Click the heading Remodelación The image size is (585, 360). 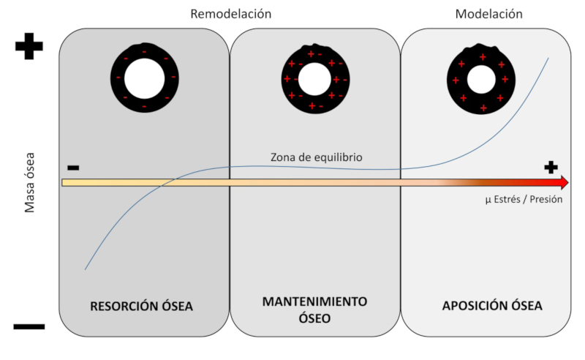click(x=230, y=14)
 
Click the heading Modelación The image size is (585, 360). click(x=489, y=14)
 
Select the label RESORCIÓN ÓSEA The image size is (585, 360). click(x=142, y=306)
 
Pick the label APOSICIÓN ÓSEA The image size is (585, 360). click(x=492, y=306)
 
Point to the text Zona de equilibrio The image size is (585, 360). click(x=315, y=157)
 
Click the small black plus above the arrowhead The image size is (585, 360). click(x=551, y=167)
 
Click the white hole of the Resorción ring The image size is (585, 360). click(x=144, y=78)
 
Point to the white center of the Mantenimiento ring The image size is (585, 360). click(x=314, y=78)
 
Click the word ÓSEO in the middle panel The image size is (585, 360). click(x=315, y=319)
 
